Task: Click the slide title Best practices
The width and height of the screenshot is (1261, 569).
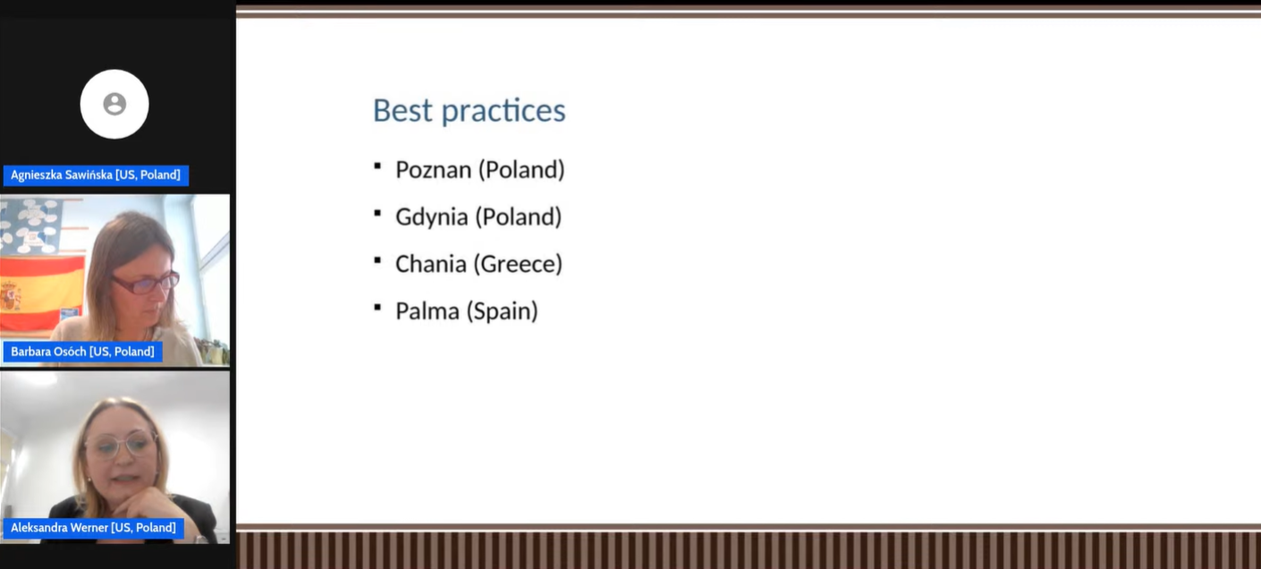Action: [469, 110]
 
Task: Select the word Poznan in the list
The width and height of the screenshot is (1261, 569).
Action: [433, 170]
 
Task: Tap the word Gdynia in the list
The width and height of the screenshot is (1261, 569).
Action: [431, 217]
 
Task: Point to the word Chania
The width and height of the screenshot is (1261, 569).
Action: [431, 264]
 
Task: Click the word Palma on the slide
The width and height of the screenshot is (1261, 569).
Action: [427, 311]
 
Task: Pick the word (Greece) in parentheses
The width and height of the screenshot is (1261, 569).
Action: [519, 264]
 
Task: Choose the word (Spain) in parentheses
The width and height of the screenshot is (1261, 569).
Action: [503, 311]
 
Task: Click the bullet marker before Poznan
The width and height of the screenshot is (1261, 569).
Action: [377, 166]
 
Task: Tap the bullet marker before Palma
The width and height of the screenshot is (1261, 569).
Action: [377, 307]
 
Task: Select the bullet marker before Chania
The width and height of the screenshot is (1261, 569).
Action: [377, 260]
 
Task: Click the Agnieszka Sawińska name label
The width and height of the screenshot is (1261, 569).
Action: [96, 175]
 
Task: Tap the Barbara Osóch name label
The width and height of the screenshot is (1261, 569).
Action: [83, 352]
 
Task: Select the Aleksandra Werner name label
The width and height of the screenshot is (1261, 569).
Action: [93, 528]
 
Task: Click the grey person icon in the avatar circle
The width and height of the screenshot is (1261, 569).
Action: [114, 104]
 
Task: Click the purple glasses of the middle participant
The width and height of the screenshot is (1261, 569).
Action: [145, 282]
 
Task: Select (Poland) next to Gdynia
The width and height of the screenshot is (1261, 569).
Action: [519, 217]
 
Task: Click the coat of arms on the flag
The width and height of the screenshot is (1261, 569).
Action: [10, 296]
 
